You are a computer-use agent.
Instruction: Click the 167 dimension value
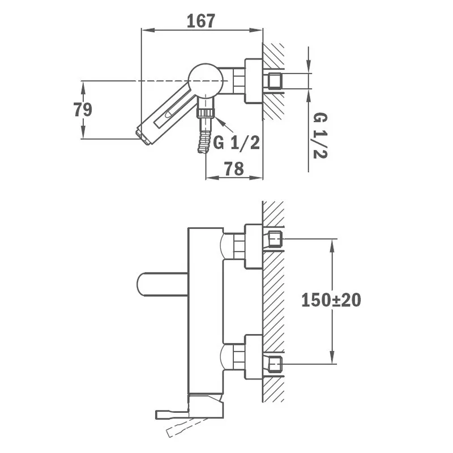point(201,21)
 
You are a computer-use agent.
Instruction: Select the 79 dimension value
point(83,109)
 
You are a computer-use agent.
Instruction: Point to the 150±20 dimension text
point(331,300)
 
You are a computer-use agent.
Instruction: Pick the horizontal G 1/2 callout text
point(236,143)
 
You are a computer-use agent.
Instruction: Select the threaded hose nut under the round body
point(206,112)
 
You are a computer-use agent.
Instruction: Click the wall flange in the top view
point(254,81)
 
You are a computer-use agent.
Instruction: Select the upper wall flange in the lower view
point(253,246)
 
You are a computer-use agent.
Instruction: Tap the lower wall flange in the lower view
point(253,357)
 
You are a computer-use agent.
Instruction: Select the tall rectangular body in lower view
point(205,311)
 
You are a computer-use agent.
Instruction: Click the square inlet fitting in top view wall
point(276,81)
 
